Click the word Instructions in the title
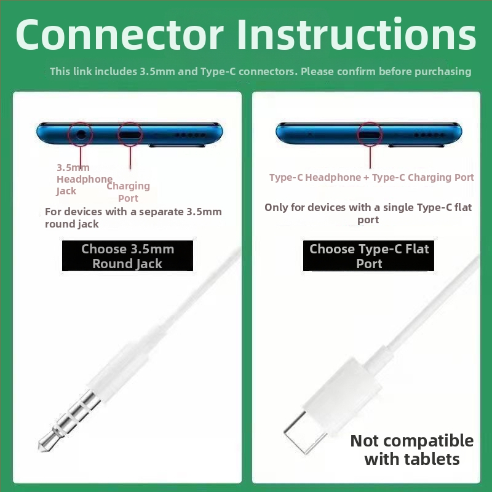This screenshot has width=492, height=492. [x=357, y=34]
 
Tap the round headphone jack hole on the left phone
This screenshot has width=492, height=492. [x=81, y=135]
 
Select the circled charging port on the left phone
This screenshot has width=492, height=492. [x=130, y=135]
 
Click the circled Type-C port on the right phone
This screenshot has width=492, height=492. [x=370, y=135]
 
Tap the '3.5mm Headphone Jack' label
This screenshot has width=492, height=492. [x=84, y=179]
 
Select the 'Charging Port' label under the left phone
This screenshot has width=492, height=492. [x=129, y=192]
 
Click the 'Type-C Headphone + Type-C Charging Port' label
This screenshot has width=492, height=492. [x=371, y=178]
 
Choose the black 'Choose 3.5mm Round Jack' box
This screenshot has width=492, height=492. [x=127, y=256]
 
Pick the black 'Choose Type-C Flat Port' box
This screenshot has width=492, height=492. [x=368, y=256]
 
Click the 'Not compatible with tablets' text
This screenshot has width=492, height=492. [x=412, y=450]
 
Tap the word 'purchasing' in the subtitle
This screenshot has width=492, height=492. [x=443, y=72]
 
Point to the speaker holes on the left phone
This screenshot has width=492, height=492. [x=190, y=135]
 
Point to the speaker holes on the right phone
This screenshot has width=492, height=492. [x=429, y=135]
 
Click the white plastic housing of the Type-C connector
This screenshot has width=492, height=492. [x=342, y=396]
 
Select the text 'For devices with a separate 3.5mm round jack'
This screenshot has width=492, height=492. [x=133, y=218]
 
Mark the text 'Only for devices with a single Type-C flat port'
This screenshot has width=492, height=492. [x=368, y=213]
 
